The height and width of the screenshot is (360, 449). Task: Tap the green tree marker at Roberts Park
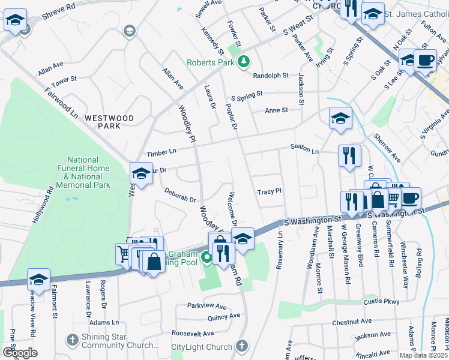(243, 61)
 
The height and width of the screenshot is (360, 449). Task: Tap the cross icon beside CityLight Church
(241, 346)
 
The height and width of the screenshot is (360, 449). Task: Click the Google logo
(20, 353)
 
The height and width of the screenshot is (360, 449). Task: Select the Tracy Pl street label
(270, 192)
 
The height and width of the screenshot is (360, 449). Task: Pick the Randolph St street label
(271, 76)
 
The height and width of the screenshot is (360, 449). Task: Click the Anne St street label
(277, 110)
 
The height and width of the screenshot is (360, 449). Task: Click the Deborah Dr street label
(181, 194)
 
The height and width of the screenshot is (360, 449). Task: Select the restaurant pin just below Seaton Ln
(349, 157)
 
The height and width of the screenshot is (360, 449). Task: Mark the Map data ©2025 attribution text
(423, 355)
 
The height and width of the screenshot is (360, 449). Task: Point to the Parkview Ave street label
(207, 305)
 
